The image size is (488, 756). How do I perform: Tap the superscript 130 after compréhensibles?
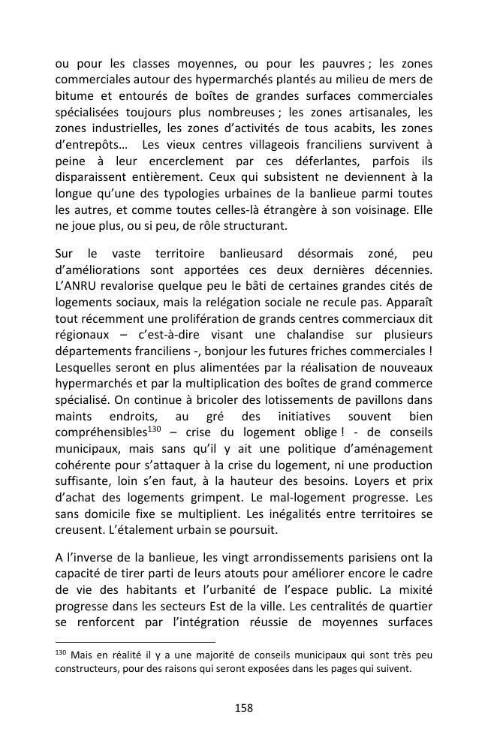(155, 429)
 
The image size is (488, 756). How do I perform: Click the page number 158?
(244, 707)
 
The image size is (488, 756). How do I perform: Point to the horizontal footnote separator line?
(135, 642)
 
